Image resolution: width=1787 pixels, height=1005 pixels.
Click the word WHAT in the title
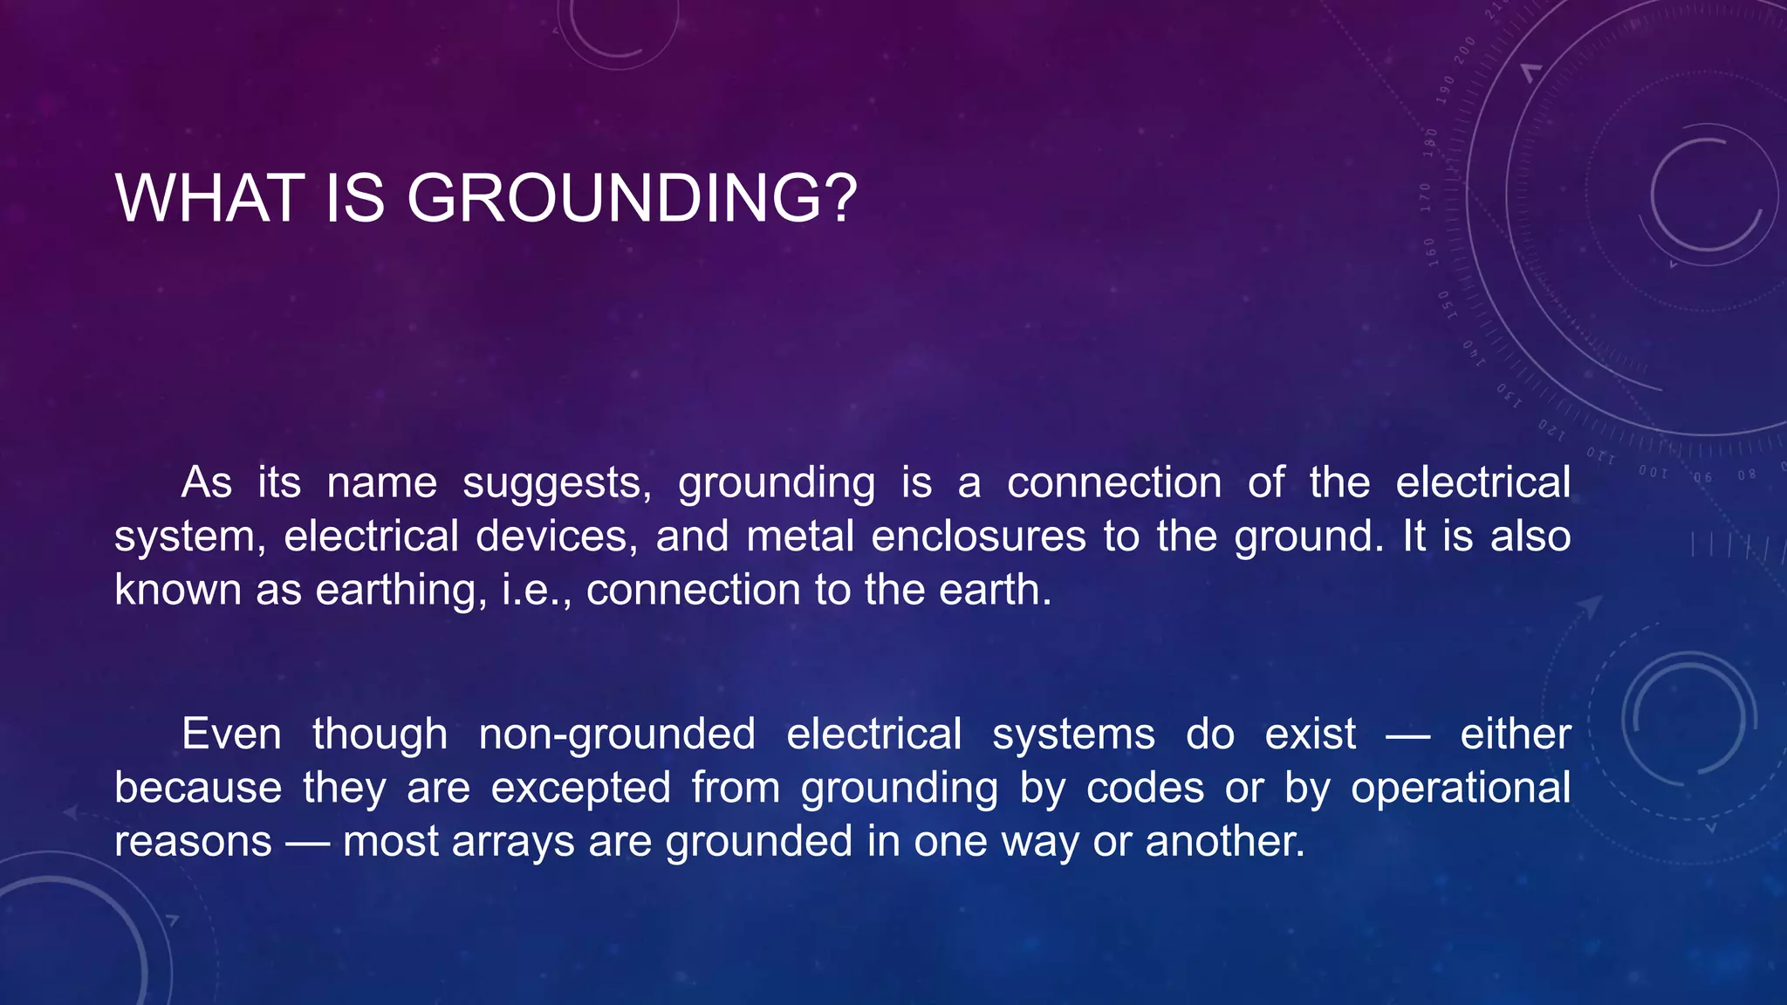click(209, 199)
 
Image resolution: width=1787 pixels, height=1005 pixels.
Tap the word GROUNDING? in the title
click(633, 199)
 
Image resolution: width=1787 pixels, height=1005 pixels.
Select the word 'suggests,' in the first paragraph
click(557, 483)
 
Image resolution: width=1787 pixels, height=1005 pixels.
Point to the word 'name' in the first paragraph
click(381, 483)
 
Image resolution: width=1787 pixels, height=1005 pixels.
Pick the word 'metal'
click(800, 537)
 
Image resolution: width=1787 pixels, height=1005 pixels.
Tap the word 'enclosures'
click(978, 537)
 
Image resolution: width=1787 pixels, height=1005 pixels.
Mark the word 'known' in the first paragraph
click(177, 591)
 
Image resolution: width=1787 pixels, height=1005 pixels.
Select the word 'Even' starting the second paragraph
click(231, 735)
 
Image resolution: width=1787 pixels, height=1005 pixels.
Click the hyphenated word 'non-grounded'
click(617, 735)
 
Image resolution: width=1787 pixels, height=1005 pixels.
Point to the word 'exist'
click(1311, 735)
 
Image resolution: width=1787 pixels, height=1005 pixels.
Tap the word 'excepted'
click(580, 789)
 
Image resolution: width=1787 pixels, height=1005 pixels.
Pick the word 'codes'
click(1145, 789)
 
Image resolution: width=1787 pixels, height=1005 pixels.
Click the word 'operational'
click(1461, 789)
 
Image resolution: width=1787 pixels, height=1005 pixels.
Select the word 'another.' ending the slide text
click(1225, 842)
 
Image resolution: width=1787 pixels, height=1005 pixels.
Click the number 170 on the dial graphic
click(1426, 197)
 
